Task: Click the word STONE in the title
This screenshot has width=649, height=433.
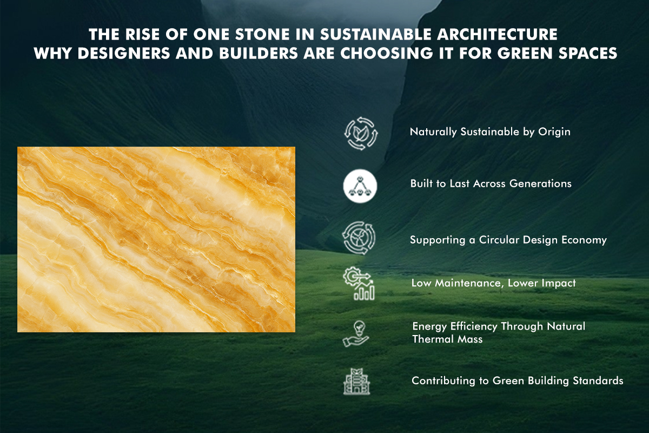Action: (262, 35)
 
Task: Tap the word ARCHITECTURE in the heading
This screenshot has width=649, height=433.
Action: (497, 35)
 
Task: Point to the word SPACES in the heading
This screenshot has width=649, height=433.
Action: (588, 54)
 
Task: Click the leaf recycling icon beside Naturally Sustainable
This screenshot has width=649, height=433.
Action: (361, 134)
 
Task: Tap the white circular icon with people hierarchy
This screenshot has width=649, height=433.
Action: (360, 186)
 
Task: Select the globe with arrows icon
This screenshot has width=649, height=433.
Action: (359, 238)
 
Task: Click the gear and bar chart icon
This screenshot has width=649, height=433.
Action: (359, 284)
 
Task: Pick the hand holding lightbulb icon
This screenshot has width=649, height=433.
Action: (356, 333)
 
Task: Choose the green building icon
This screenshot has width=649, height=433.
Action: (356, 382)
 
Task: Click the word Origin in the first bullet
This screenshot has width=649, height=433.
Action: (554, 132)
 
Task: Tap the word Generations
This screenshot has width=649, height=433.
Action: (540, 183)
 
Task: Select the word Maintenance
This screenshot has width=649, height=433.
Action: (469, 284)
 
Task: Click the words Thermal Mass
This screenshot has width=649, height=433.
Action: (447, 339)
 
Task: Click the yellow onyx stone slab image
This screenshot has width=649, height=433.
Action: (156, 240)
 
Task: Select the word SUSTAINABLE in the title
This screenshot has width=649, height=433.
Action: (376, 35)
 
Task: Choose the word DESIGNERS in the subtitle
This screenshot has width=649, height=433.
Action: (124, 54)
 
